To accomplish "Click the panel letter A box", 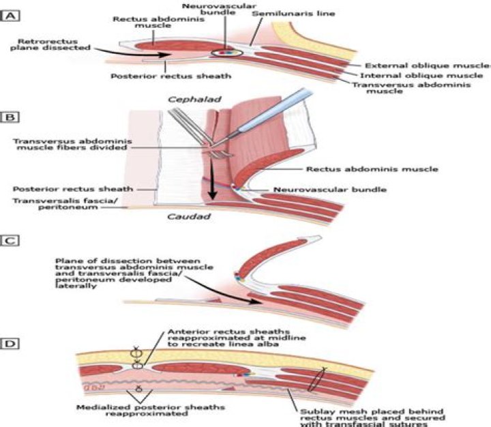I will [x=10, y=14].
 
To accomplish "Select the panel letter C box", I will [x=10, y=240].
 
